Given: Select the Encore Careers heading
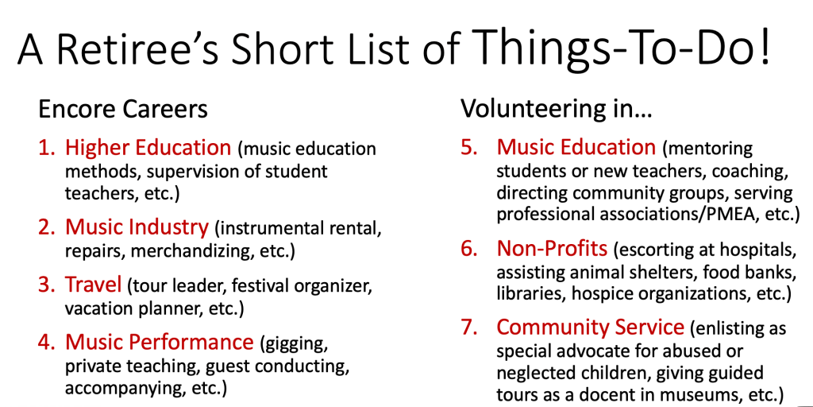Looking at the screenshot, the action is [123, 110].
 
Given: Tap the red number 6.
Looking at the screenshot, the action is [470, 250].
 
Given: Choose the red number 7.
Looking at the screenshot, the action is [470, 328].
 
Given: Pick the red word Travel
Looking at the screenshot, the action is [94, 284].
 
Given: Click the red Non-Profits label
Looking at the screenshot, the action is [553, 250].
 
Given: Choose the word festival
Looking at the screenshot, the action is [263, 285].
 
